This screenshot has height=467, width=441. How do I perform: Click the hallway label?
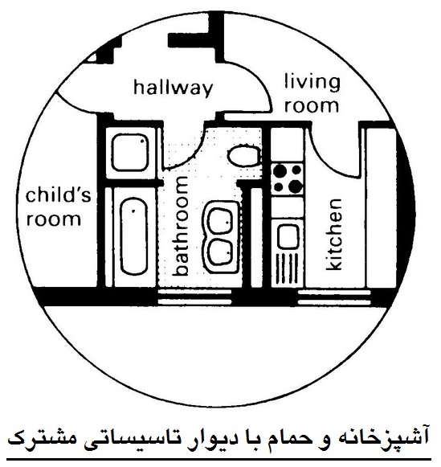pos(174,88)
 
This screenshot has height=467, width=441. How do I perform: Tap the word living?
pos(312,82)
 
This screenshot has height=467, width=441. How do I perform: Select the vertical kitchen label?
pos(334,235)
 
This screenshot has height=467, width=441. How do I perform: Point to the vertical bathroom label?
pos(180,226)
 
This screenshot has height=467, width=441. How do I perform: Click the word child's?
pos(59,195)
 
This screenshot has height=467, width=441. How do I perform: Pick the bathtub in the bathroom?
pos(134,236)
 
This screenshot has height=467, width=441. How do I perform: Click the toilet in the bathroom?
pos(244,155)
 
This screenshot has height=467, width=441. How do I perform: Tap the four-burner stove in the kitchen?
pos(288,178)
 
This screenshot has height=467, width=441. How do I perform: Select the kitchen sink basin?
pos(288,236)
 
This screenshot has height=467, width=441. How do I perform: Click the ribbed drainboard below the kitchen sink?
pos(287,268)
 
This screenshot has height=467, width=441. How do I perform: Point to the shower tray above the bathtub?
pos(130,153)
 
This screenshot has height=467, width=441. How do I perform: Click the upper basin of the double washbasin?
pos(220,220)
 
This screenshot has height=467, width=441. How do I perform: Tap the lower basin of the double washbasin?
pos(220,252)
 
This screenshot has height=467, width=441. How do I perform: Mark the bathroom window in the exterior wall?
pos(194,297)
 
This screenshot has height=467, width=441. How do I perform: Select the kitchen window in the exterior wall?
pos(334,297)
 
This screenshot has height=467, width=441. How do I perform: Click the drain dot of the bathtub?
pos(133,211)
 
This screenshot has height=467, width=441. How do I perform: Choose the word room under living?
pos(312,106)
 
